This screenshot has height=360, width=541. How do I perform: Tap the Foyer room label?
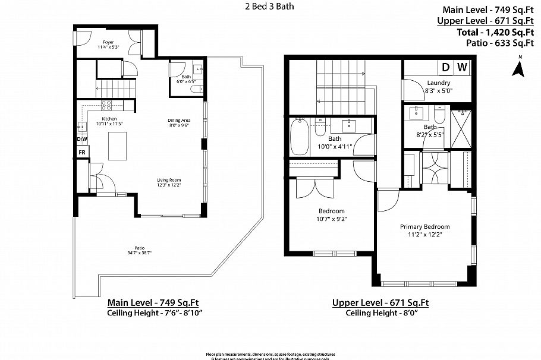[x=108, y=42]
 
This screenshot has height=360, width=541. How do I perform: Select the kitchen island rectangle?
[x=117, y=146]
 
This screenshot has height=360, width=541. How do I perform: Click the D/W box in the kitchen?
[x=82, y=139]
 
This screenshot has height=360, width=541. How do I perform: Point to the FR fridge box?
[x=82, y=152]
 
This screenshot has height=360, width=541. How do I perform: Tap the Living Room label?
[x=169, y=180]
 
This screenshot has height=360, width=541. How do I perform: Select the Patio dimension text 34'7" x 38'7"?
[x=140, y=254]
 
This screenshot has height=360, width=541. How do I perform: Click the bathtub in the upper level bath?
[x=299, y=136]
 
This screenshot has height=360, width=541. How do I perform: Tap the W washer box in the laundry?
[x=463, y=67]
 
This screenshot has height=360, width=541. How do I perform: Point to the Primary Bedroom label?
[x=424, y=226]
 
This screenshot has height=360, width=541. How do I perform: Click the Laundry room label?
[x=438, y=83]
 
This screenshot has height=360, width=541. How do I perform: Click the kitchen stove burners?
[x=108, y=105]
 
